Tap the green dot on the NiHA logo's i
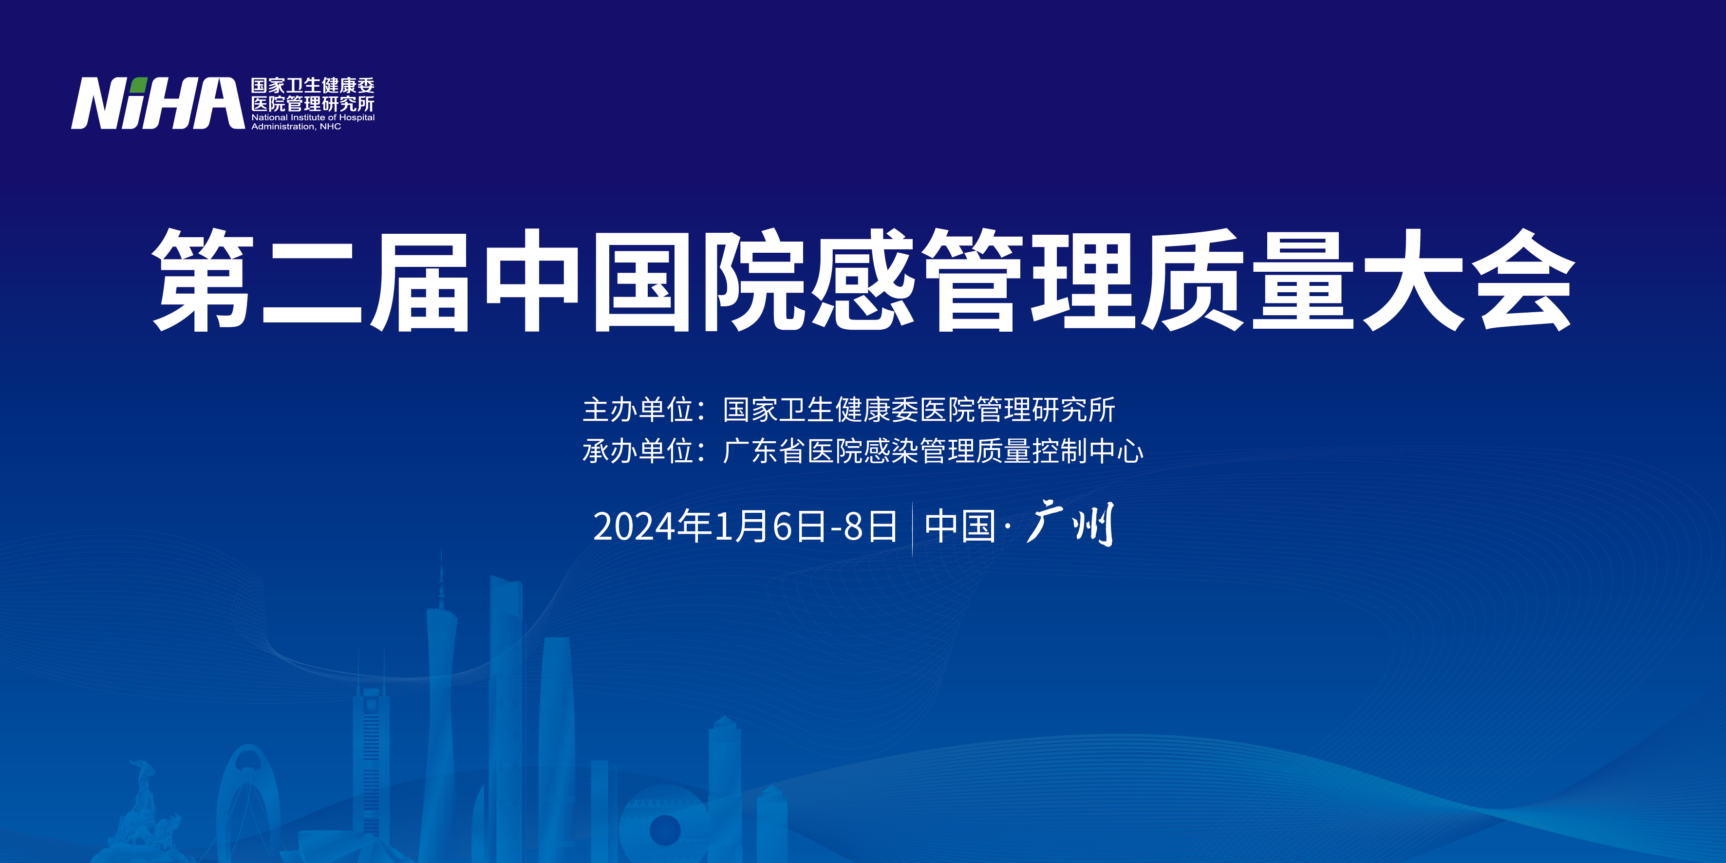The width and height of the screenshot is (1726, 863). pyautogui.click(x=139, y=85)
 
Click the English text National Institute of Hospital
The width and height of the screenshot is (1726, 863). pyautogui.click(x=313, y=117)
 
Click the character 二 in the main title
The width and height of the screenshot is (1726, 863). pyautogui.click(x=312, y=281)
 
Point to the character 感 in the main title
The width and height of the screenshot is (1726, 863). pyautogui.click(x=863, y=280)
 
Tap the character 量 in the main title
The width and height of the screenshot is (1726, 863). pyautogui.click(x=1303, y=280)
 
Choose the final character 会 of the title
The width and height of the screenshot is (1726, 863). pyautogui.click(x=1523, y=280)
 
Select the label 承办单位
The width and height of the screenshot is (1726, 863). pyautogui.click(x=637, y=451)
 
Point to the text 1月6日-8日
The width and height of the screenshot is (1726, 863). pyautogui.click(x=806, y=526)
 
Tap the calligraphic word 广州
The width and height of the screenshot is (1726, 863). pyautogui.click(x=1070, y=524)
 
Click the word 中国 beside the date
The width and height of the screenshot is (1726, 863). pyautogui.click(x=960, y=526)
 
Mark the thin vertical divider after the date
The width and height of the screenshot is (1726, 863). pyautogui.click(x=912, y=529)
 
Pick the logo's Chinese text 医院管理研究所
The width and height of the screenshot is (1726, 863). pyautogui.click(x=313, y=104)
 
